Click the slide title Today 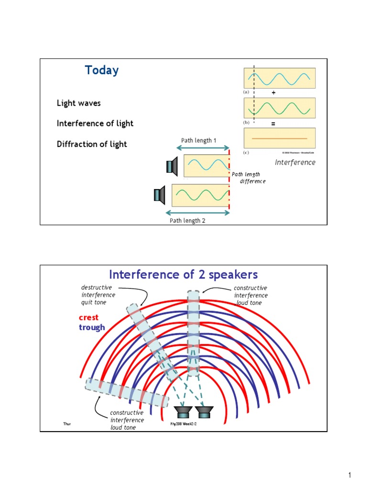(102, 70)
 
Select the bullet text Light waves (78, 103)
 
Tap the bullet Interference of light (95, 123)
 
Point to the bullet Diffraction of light (92, 144)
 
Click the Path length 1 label (199, 141)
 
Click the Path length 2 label (187, 221)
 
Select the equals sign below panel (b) (273, 123)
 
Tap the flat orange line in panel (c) (279, 138)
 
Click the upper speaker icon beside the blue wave (172, 167)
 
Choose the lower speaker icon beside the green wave (160, 195)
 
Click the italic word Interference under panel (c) (295, 162)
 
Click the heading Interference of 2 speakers (183, 275)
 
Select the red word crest (89, 318)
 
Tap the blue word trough (92, 327)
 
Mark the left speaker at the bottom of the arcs (183, 411)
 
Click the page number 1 (349, 475)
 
